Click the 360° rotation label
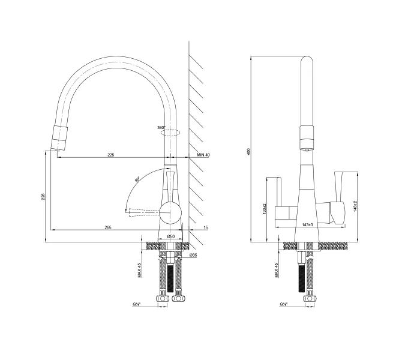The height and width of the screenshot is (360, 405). point(161,127)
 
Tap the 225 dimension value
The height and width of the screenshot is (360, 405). point(111,155)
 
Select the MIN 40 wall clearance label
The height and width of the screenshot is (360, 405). point(203,155)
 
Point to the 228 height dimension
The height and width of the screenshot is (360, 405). point(43,197)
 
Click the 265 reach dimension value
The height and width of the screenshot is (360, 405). point(108,227)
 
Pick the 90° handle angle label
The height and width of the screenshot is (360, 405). point(137,179)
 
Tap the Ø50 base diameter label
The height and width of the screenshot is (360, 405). point(171,236)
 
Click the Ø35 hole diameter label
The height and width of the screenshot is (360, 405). point(193,255)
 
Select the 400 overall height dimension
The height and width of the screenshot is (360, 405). point(249,152)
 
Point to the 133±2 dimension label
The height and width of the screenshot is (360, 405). point(264,208)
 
